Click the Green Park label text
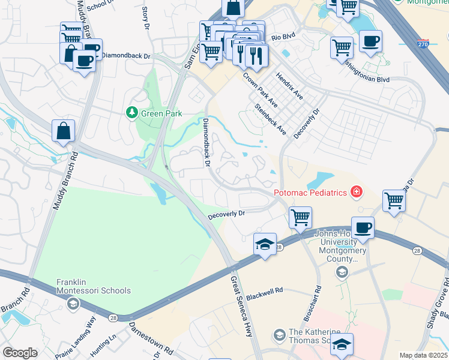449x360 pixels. click(161, 113)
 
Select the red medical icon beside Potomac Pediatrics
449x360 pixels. click(357, 192)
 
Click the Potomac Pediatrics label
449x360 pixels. click(312, 193)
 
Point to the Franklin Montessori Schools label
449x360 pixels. click(93, 286)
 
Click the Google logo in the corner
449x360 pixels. click(20, 353)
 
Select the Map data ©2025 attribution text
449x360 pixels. click(423, 355)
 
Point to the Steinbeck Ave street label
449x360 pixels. click(270, 120)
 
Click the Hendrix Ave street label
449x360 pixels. click(289, 86)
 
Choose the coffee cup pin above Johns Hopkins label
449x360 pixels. click(362, 229)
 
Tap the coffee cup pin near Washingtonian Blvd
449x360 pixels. click(371, 41)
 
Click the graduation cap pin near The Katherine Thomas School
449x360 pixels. click(342, 344)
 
